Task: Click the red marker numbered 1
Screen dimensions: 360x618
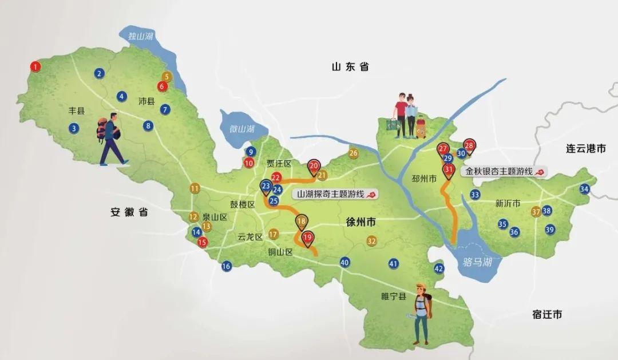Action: point(36,67)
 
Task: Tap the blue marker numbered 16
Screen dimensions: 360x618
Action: point(226,266)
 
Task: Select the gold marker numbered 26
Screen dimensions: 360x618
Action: point(353,153)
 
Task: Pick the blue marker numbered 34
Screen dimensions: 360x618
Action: point(584,189)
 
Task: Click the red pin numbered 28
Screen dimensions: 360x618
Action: point(469,145)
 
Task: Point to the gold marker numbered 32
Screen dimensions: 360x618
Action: point(372,241)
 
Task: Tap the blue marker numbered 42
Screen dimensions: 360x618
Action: point(439,268)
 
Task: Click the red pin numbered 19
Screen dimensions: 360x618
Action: point(307,236)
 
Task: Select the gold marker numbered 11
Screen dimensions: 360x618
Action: point(195,188)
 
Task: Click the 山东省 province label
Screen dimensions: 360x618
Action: point(350,67)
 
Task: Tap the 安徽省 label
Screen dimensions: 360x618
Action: point(129,212)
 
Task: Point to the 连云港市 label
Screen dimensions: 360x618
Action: point(586,149)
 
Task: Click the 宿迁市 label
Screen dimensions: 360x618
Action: point(546,314)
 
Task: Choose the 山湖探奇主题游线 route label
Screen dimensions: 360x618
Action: point(331,194)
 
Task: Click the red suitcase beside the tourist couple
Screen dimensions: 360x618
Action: point(421,128)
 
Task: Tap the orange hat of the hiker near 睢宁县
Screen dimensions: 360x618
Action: point(422,288)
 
